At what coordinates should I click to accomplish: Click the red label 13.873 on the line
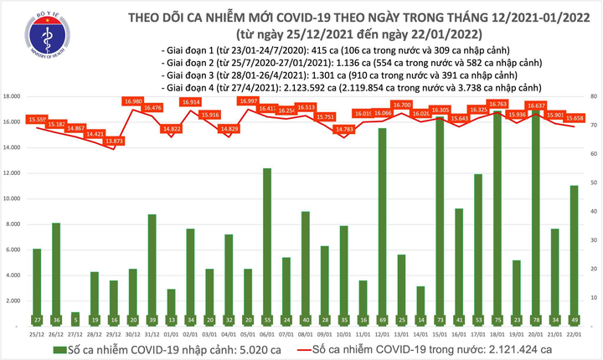(114, 141)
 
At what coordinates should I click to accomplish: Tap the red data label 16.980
(133, 101)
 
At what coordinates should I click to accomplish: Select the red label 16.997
(248, 101)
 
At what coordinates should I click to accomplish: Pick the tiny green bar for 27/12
(75, 319)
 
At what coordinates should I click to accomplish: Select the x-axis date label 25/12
(37, 332)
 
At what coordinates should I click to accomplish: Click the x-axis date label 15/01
(439, 332)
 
